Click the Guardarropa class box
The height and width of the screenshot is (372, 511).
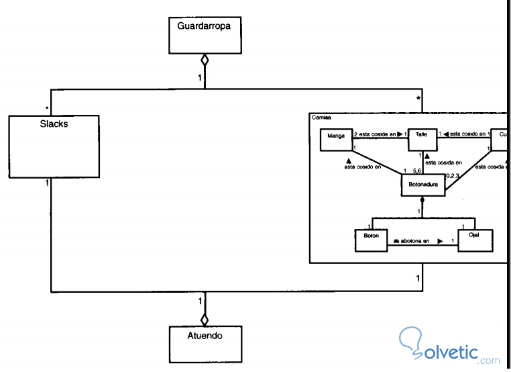click(205, 35)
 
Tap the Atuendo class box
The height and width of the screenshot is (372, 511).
click(205, 344)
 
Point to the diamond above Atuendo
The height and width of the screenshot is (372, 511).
click(205, 319)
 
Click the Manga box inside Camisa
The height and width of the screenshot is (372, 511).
click(336, 140)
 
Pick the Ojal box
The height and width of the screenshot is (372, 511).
click(475, 240)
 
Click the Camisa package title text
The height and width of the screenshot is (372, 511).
click(321, 118)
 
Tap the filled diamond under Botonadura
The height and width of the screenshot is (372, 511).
click(422, 200)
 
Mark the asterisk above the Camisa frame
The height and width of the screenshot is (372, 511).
click(418, 99)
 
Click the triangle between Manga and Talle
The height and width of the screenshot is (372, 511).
click(399, 134)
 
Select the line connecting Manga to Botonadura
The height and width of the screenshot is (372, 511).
click(378, 160)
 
